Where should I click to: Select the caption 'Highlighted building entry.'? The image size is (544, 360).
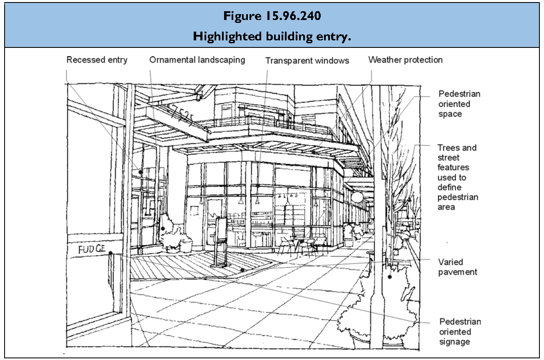point(272,36)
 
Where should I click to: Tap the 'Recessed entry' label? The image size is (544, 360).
point(97,60)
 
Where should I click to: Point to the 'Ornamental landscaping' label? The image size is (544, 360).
point(197,60)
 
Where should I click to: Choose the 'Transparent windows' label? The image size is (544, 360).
point(307,61)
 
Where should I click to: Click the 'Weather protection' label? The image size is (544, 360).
point(405,60)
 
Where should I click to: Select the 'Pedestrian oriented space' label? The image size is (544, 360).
point(459,104)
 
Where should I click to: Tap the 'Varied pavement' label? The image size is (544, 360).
point(457,267)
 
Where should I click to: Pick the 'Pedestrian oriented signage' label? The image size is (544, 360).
point(460,332)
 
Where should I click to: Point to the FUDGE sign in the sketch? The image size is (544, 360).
point(90,250)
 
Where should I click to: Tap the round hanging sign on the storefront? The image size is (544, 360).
point(357,197)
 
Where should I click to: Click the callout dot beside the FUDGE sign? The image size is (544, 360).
point(110,252)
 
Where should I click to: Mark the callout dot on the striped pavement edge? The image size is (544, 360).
point(242,270)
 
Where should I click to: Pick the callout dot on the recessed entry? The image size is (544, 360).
point(140,171)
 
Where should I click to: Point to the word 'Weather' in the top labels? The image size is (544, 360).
point(384,60)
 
